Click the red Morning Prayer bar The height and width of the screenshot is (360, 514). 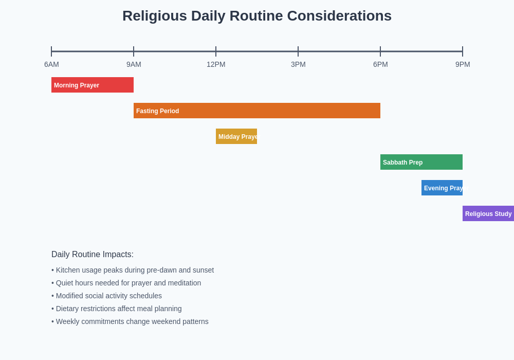(x=93, y=85)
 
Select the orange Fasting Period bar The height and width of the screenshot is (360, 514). (x=257, y=111)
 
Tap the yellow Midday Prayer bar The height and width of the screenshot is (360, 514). (x=236, y=136)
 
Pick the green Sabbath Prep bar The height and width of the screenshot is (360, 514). (x=421, y=162)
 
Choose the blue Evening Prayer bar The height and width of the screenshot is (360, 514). (x=442, y=188)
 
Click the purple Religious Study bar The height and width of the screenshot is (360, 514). (x=488, y=213)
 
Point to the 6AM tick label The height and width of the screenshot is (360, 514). (x=51, y=64)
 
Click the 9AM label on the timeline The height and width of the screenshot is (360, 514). (x=134, y=64)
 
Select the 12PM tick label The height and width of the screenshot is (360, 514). (x=216, y=64)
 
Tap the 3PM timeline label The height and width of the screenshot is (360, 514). (x=298, y=64)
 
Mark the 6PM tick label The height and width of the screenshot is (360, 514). (x=380, y=64)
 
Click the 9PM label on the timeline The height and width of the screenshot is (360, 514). (x=463, y=64)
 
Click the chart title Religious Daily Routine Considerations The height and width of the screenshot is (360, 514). (x=257, y=16)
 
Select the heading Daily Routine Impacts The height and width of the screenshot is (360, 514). (x=93, y=255)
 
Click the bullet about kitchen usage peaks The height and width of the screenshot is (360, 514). (x=133, y=270)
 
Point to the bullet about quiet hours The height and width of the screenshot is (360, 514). (x=126, y=283)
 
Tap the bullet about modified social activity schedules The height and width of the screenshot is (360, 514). (x=107, y=296)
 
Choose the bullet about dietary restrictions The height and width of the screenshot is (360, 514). (x=117, y=309)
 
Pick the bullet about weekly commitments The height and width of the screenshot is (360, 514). (x=130, y=321)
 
